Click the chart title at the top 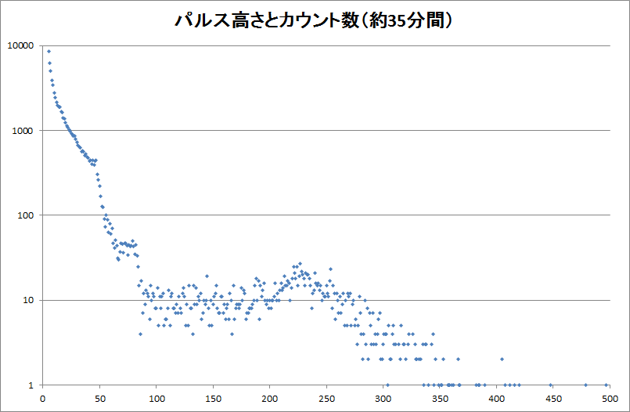[314, 20]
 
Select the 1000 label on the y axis [23, 130]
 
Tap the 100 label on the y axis [25, 215]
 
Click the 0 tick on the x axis [42, 397]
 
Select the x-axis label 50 [99, 397]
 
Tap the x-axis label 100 [156, 397]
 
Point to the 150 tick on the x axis [213, 397]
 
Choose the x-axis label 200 [269, 397]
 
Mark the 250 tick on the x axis [326, 397]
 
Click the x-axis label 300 [383, 397]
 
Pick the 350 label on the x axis [440, 397]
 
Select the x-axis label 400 [496, 397]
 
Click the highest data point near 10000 [49, 52]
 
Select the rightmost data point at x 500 [607, 385]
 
